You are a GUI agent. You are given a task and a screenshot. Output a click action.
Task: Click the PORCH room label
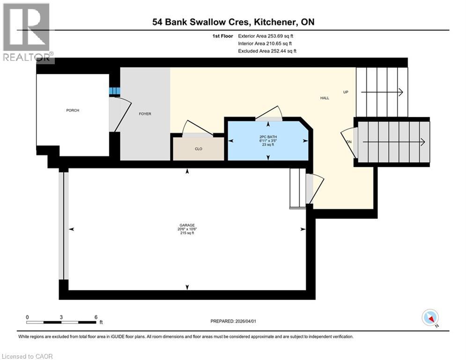(73, 111)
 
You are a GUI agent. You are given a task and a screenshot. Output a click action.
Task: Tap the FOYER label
(145, 114)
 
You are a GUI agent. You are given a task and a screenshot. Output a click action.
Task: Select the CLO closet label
(199, 149)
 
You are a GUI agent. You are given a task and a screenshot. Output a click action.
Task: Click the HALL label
(325, 98)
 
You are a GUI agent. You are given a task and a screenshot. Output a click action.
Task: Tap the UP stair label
(346, 92)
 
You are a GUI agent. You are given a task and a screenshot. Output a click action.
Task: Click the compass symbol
(429, 317)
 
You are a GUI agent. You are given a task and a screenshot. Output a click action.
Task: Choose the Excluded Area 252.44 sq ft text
(267, 51)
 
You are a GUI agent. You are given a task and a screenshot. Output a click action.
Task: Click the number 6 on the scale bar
(96, 317)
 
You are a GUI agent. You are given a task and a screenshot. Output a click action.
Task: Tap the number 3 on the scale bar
(61, 317)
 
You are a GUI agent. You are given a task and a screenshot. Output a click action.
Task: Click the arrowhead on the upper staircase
(400, 92)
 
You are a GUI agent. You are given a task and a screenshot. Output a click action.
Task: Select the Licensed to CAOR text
(28, 356)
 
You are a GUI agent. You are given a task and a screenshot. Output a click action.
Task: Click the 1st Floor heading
(222, 36)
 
